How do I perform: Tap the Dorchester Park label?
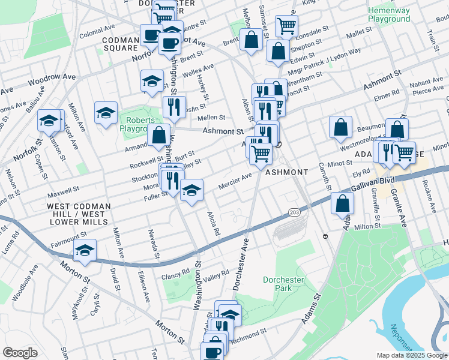[x=285, y=284]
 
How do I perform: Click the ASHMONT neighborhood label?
[x=286, y=172]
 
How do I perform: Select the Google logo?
[x=20, y=352]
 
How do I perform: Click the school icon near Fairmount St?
[x=85, y=250]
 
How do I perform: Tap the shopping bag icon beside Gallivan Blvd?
[x=342, y=203]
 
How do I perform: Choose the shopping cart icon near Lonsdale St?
[x=286, y=26]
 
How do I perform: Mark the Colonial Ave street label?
[x=96, y=28]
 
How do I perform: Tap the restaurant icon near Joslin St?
[x=173, y=108]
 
